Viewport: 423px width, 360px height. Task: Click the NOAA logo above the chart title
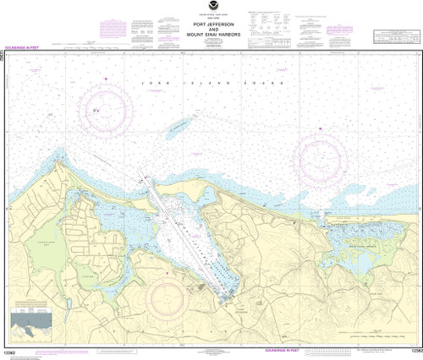[211, 8]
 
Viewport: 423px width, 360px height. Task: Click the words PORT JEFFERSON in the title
[211, 25]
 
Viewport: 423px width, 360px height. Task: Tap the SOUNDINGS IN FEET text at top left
[30, 48]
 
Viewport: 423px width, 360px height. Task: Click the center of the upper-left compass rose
[106, 110]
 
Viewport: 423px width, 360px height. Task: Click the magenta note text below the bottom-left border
[110, 350]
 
